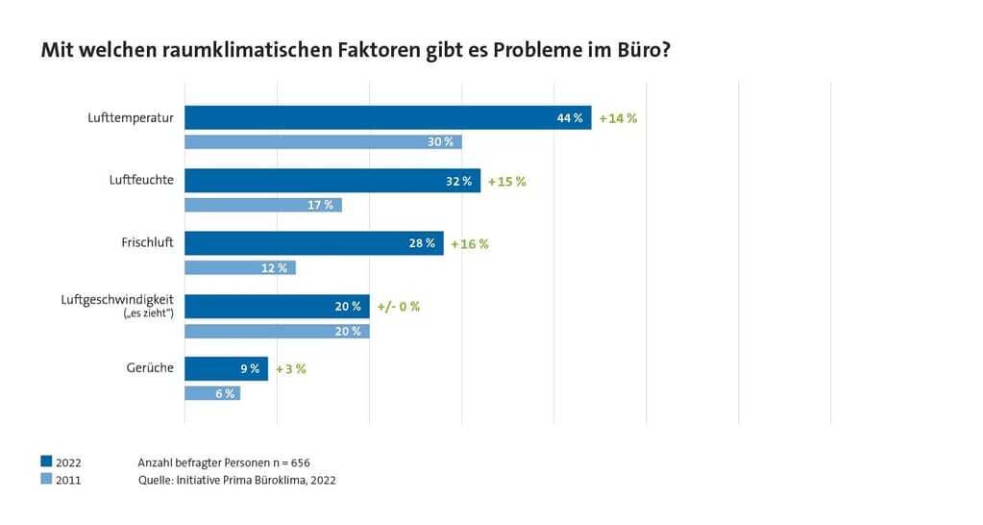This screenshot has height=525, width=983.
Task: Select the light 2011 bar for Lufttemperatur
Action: coord(323,142)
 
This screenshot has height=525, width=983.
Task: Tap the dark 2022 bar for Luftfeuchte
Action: coord(332,181)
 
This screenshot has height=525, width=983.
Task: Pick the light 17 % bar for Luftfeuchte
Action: coord(262,205)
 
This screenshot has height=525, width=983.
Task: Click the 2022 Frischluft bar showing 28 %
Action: coord(313,243)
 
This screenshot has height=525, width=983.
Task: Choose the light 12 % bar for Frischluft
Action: coord(239,268)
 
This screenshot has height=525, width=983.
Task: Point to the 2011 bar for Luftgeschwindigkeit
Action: coord(276,331)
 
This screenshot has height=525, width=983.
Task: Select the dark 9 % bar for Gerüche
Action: coord(226,368)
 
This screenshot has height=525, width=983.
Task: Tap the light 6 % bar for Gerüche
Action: coord(211,393)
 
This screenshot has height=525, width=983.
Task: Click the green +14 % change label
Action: coord(618,118)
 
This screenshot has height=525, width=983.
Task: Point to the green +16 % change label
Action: coord(469,244)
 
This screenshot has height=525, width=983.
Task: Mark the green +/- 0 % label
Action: coord(398,307)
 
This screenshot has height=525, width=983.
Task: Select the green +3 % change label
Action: coord(290,369)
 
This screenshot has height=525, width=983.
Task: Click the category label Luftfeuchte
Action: coord(141,180)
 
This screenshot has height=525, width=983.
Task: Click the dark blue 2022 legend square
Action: coord(46,462)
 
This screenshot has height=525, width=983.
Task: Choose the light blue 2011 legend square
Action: coord(46,479)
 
